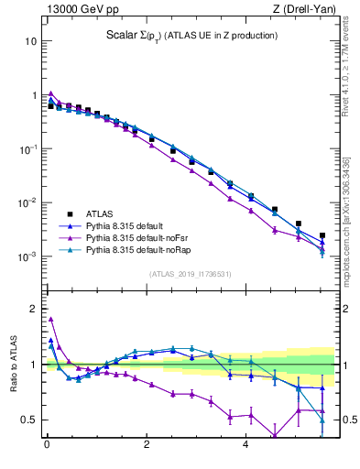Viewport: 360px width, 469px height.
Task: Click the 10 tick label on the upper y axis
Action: coord(31,41)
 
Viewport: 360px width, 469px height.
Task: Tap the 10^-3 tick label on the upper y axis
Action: coord(27,256)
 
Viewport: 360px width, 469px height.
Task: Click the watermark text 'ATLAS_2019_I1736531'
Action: coord(191,274)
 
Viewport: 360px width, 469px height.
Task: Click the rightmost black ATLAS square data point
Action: coord(322,235)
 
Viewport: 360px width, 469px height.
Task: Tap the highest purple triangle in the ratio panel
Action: coord(51,319)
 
